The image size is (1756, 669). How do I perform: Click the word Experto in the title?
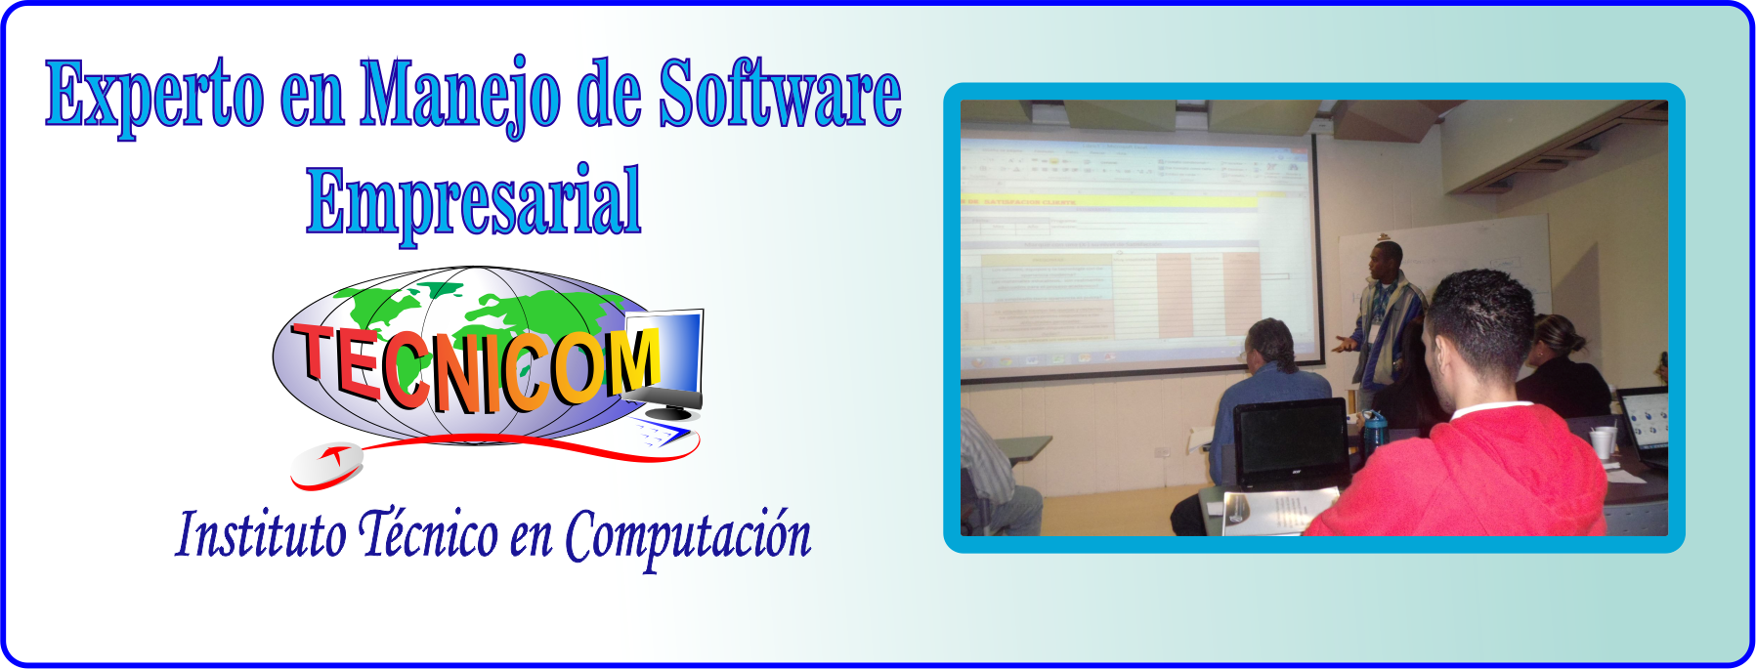(x=154, y=96)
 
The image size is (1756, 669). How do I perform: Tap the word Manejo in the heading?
(x=459, y=96)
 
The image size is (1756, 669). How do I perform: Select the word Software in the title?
(x=779, y=94)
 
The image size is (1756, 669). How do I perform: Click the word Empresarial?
(x=473, y=200)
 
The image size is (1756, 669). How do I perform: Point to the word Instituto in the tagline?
(x=260, y=535)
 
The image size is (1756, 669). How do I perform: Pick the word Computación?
(x=688, y=537)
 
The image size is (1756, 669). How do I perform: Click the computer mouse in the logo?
(x=325, y=463)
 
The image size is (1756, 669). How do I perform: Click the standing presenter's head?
(x=1385, y=262)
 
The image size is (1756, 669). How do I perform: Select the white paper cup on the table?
(x=1602, y=443)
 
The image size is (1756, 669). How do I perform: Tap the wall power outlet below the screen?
(x=1161, y=452)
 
